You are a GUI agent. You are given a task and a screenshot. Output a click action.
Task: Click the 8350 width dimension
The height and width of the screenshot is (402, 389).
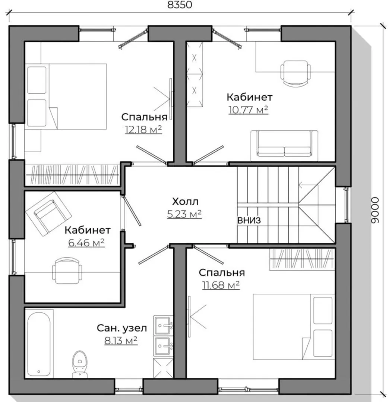coord(180,4)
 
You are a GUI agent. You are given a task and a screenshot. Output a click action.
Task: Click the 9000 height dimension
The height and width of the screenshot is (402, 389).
coord(375,210)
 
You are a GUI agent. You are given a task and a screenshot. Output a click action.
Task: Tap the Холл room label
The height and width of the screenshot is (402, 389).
coord(185,202)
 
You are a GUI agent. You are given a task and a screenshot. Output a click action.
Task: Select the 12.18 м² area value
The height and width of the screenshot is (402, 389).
coord(143,130)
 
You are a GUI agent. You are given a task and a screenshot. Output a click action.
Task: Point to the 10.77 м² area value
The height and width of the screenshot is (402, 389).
coord(249,109)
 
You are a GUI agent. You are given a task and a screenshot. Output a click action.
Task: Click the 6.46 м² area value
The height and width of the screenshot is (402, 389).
coord(86,243)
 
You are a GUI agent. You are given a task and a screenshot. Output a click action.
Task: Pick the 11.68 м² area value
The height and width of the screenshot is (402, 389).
coord(221,285)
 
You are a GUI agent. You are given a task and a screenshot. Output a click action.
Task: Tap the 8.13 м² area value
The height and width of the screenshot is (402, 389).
coord(121,341)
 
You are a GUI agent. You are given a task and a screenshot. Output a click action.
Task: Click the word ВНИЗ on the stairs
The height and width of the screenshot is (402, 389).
coord(249,220)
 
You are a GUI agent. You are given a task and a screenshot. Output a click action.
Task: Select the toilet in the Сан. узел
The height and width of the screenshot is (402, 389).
coord(80,364)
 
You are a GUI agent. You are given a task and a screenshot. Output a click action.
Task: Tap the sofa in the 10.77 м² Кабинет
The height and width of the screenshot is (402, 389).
coord(284,143)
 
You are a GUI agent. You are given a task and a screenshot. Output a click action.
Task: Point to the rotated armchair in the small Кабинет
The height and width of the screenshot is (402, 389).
coord(48,214)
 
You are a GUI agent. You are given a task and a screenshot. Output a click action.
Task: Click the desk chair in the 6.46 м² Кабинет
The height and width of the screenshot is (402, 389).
coord(67,271)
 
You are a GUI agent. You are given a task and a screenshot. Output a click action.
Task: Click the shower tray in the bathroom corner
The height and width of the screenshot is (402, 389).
coord(163,368)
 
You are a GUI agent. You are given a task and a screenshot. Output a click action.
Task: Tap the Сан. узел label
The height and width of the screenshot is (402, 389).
coord(122,328)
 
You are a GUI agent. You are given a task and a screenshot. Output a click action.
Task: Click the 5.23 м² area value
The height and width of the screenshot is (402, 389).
coord(184,214)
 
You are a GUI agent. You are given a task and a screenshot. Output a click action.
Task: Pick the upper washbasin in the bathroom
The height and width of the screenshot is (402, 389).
coord(163,325)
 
